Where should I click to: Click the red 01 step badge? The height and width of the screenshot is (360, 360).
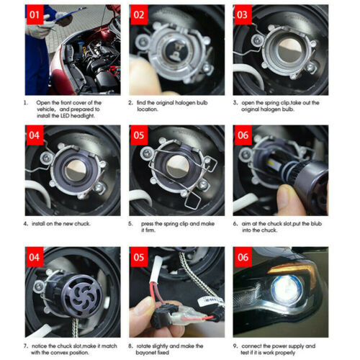[37, 14]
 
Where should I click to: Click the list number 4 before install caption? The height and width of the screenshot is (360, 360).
[27, 224]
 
